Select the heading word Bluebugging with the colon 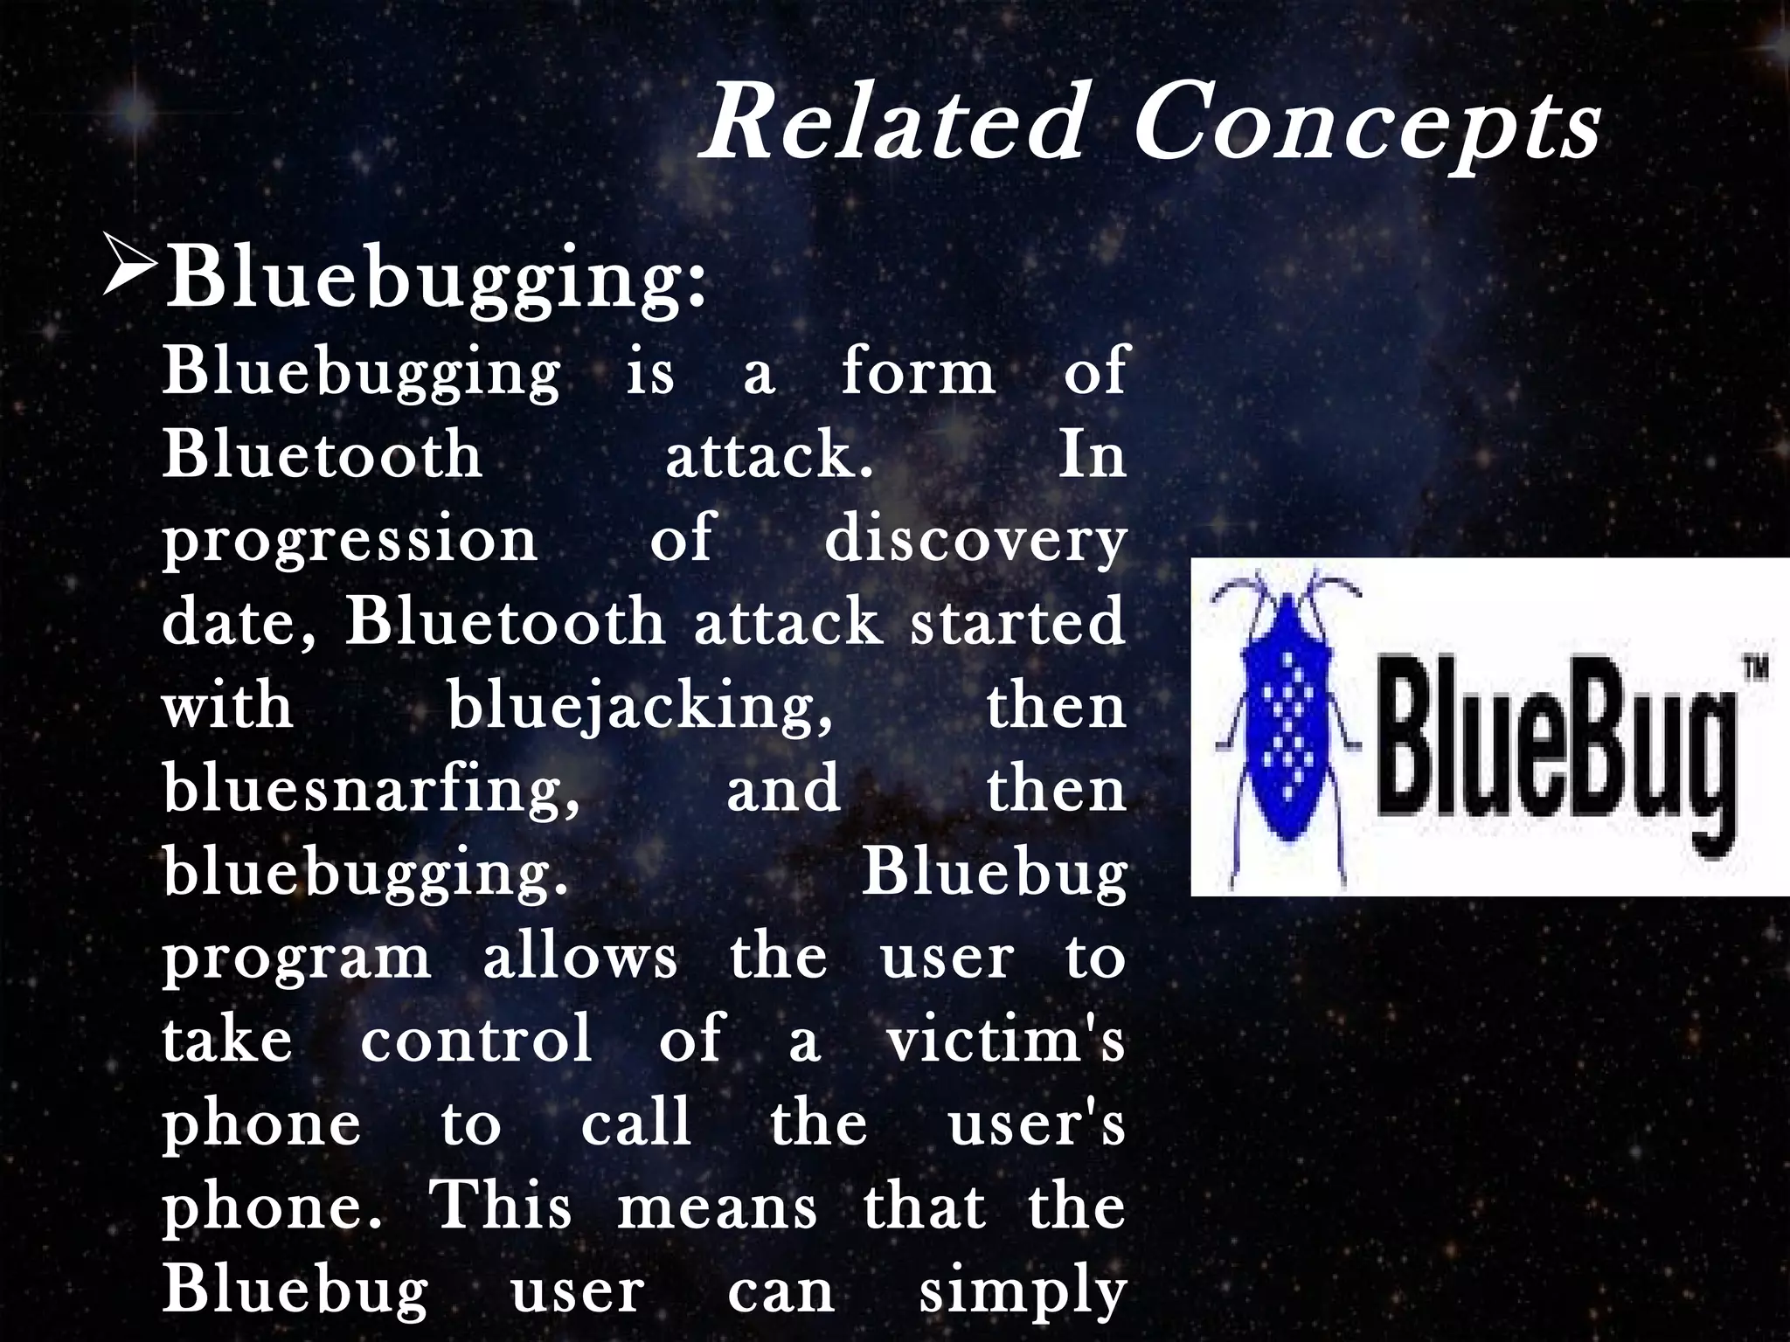click(x=435, y=278)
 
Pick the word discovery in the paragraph click(x=975, y=539)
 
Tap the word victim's click(x=1005, y=1040)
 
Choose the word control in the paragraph click(x=476, y=1040)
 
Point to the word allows click(x=579, y=958)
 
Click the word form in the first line click(x=918, y=372)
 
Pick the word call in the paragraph click(x=636, y=1124)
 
